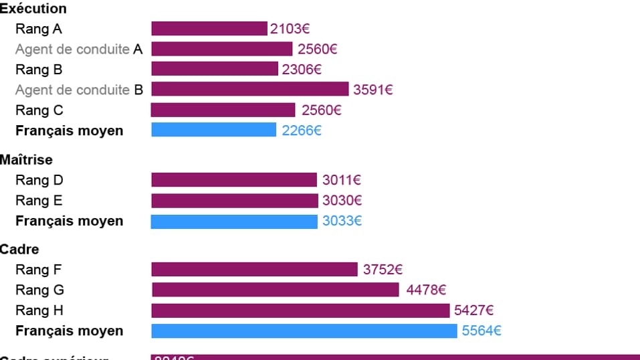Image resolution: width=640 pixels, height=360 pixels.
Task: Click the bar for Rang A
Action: click(x=209, y=29)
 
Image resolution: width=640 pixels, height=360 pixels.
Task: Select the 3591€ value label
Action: click(x=373, y=90)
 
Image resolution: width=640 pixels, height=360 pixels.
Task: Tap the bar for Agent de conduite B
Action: click(x=250, y=89)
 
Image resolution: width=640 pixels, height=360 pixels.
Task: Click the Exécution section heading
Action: click(x=33, y=9)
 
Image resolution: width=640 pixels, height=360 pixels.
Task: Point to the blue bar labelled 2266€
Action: click(x=213, y=130)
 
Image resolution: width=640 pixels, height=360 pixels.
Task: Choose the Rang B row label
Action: click(x=39, y=70)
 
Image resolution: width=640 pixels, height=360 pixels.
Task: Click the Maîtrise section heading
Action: click(x=26, y=160)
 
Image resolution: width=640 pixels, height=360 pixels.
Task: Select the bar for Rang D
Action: click(x=234, y=180)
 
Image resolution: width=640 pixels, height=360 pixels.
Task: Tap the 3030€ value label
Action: click(x=342, y=201)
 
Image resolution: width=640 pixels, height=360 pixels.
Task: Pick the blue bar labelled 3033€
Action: click(x=234, y=221)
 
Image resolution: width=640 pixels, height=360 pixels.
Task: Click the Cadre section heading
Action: click(x=19, y=250)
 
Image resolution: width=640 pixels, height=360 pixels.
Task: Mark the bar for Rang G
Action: click(x=276, y=290)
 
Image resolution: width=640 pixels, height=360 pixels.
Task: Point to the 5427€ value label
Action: click(x=473, y=310)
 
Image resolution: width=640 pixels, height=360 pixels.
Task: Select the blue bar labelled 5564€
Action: click(x=304, y=331)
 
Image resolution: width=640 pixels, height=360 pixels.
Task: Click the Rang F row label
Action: click(x=39, y=270)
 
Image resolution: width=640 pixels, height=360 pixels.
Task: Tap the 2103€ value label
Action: click(x=290, y=29)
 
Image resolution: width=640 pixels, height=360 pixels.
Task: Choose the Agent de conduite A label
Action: click(x=79, y=50)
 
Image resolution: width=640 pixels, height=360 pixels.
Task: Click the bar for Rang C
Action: click(x=223, y=110)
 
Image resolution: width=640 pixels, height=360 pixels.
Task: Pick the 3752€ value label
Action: click(x=383, y=270)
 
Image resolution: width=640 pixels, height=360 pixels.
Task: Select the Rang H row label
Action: click(x=39, y=310)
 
